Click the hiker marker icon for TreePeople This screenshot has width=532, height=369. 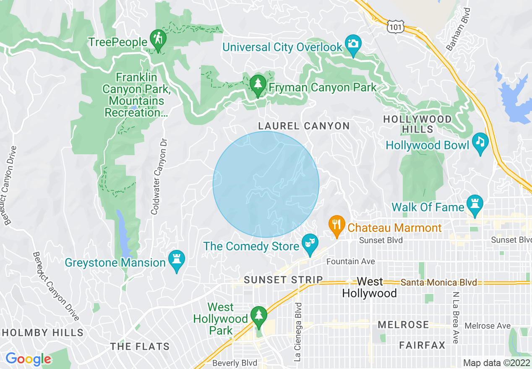(158, 39)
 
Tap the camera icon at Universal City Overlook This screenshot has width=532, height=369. (353, 44)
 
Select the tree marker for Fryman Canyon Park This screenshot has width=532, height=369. (258, 84)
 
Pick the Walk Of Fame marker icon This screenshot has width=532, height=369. (475, 204)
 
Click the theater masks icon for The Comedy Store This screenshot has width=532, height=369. (310, 243)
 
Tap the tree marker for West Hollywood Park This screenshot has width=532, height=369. (257, 316)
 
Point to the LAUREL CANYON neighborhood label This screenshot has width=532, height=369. (304, 126)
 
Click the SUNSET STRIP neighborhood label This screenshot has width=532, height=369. (284, 280)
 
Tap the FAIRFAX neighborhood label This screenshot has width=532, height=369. (422, 345)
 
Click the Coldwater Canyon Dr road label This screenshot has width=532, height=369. (157, 177)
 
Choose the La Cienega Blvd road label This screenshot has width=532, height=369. (298, 332)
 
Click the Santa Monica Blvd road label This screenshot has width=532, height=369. (439, 282)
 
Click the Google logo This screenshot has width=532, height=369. (29, 359)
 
